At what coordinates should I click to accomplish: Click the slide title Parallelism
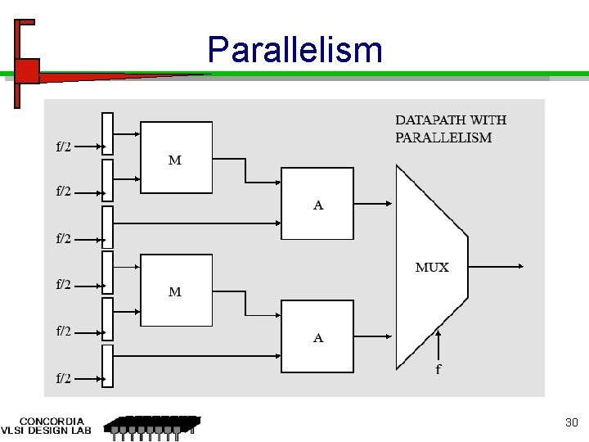coord(294,50)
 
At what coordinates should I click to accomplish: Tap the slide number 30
coord(572,422)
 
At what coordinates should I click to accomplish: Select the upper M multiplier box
coord(176,158)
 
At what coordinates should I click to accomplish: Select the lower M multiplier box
coord(176,290)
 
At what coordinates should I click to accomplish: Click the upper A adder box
coord(317,204)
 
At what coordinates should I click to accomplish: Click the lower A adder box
coord(317,336)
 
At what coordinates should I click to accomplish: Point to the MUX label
coord(432,268)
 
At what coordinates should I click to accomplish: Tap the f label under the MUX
coord(438,370)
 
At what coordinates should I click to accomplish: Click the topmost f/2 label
coord(63,147)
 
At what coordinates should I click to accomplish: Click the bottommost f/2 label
coord(63,378)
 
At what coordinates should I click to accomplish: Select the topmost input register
coord(107,133)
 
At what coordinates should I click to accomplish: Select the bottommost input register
coord(107,366)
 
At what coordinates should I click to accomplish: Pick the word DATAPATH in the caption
coord(423,120)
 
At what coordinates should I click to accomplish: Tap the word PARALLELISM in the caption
coord(443,138)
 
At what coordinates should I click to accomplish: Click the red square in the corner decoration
coord(27,71)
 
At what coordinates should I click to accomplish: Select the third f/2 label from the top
coord(63,239)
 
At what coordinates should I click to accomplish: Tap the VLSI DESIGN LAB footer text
coord(46,431)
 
